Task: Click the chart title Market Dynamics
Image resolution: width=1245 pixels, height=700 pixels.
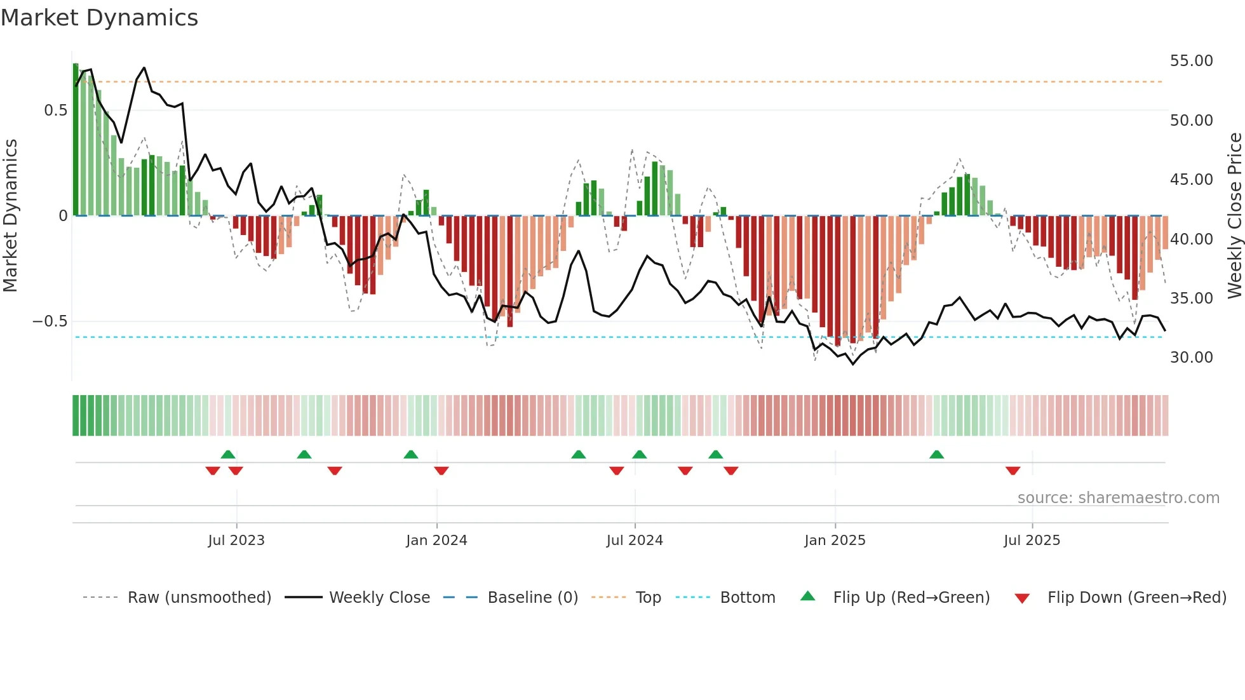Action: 99,18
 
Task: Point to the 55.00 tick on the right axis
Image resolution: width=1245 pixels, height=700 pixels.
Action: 1191,61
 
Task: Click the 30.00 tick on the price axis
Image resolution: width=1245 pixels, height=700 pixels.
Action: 1191,358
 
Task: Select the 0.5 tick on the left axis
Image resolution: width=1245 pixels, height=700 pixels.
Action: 55,111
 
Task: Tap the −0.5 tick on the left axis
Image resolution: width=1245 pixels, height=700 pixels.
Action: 50,321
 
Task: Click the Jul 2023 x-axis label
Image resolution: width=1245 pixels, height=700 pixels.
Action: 236,541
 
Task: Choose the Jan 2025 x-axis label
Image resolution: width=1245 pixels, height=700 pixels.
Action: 835,541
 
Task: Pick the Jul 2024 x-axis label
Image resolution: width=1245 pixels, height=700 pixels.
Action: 635,541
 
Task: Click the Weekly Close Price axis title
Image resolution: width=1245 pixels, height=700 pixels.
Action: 1234,215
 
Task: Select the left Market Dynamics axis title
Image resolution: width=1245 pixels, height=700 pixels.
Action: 10,215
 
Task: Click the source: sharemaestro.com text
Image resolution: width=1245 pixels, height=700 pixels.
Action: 1118,498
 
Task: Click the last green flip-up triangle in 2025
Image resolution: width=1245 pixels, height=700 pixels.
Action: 936,454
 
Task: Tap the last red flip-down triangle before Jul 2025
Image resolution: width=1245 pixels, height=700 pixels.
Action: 1013,471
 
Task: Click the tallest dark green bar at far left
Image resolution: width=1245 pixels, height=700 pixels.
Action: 76,140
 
